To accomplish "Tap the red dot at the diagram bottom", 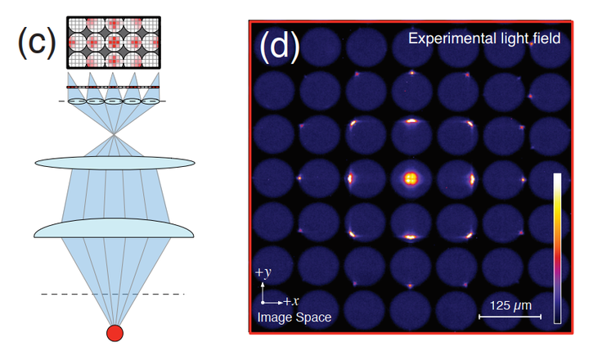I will (115, 333).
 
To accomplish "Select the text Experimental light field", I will (483, 38).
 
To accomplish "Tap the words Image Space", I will (294, 317).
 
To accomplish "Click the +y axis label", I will (263, 272).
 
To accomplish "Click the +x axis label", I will (292, 300).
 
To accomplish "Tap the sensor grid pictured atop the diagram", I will (113, 40).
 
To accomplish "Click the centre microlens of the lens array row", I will (114, 101).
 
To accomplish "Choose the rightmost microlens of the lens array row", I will (150, 101).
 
